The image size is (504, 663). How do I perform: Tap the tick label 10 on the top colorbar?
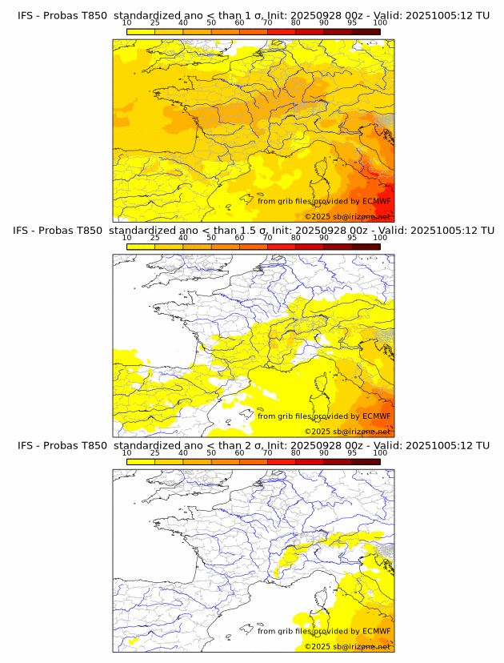(x=127, y=23)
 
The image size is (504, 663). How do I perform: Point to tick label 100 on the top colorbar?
(x=380, y=23)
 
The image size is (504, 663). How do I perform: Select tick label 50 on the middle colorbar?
(x=211, y=238)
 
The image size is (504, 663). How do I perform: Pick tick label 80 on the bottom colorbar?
(x=296, y=452)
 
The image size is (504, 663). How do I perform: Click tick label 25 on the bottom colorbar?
(x=155, y=452)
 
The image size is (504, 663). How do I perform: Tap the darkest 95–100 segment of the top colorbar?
(x=366, y=32)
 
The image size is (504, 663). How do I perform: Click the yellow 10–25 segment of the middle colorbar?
(x=141, y=247)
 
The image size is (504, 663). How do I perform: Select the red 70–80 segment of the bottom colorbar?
(x=282, y=461)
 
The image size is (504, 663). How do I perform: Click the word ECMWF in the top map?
(x=377, y=201)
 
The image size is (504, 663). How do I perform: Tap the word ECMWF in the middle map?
(x=377, y=416)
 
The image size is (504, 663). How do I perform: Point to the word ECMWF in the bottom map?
(x=377, y=631)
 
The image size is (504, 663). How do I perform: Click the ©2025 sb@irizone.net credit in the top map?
(x=347, y=216)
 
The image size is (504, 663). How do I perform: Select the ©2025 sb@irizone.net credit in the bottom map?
(x=347, y=646)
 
